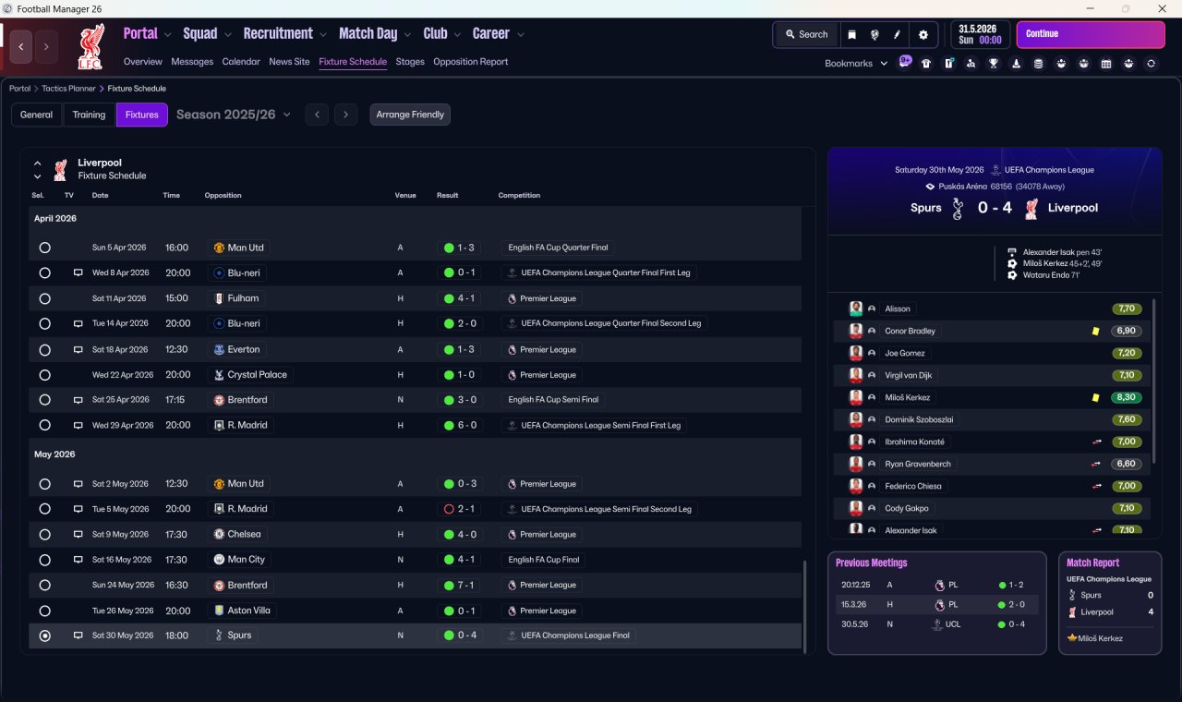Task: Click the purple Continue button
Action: pos(1090,34)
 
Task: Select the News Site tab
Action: pos(289,62)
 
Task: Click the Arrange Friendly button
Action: pos(410,115)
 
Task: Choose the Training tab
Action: pos(89,115)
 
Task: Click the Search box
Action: pos(806,34)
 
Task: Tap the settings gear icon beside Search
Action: pos(923,34)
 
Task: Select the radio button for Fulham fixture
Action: pos(44,298)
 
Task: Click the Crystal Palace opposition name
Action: pos(257,375)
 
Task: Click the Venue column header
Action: pos(405,196)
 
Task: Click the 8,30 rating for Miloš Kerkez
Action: pos(1127,397)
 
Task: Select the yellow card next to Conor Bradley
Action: pos(1095,331)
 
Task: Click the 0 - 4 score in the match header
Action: pos(995,208)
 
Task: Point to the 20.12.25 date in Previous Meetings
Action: pos(855,585)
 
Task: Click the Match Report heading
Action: pos(1092,563)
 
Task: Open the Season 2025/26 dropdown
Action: pos(234,115)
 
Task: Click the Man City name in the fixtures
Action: pos(246,560)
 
